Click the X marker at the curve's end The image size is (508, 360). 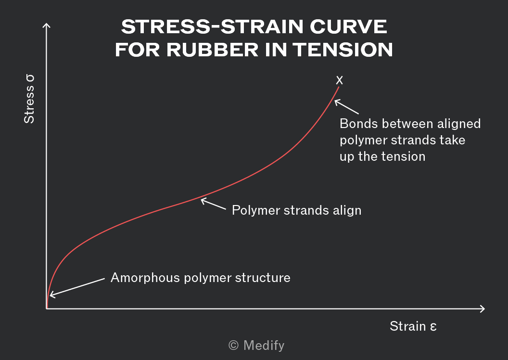click(339, 80)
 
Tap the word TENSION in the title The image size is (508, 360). click(343, 50)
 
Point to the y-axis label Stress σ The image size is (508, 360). click(29, 99)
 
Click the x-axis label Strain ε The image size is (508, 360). click(413, 326)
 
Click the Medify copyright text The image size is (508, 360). click(256, 346)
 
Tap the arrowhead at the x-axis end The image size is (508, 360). click(482, 309)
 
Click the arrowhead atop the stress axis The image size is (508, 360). click(46, 26)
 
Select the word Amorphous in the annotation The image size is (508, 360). click(145, 278)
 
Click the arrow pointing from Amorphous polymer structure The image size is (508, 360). click(77, 287)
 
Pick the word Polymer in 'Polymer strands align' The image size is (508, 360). click(255, 210)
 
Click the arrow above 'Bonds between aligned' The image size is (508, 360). click(346, 107)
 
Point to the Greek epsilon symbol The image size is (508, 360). click(433, 327)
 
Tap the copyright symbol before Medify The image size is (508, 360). click(234, 346)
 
